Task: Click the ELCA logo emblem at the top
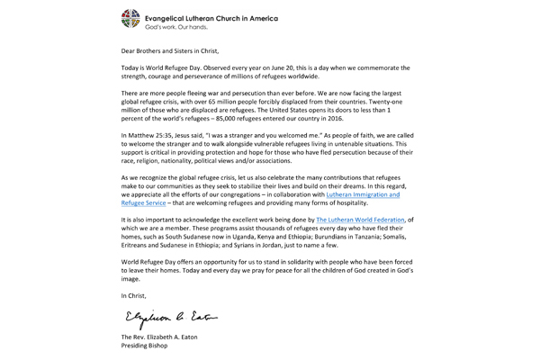point(132,18)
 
